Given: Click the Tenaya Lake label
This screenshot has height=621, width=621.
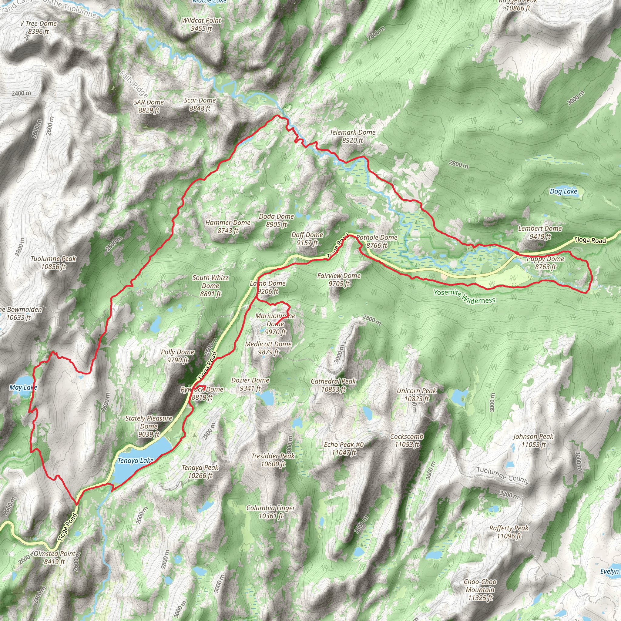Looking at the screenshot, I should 135,461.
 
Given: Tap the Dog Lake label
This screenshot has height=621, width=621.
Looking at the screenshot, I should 563,192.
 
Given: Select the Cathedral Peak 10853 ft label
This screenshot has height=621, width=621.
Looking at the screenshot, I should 333,385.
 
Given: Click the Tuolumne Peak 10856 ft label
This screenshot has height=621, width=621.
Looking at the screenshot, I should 53,263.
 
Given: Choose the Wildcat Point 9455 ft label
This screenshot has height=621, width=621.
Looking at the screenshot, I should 202,25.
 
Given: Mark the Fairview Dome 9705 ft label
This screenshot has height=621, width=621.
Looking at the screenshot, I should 339,280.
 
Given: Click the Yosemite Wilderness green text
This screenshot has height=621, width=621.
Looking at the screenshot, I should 464,296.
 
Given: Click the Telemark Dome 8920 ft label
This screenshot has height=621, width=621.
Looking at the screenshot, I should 353,136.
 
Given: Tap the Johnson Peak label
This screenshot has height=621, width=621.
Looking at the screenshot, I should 533,440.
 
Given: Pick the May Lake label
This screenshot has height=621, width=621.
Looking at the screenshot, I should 23,388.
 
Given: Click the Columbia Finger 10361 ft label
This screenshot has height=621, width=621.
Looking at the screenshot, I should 271,512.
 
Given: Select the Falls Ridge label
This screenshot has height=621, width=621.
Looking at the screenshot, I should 134,84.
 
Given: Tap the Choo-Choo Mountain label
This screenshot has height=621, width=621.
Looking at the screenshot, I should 480,589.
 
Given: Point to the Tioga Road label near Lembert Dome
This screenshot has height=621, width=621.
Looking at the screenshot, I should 590,240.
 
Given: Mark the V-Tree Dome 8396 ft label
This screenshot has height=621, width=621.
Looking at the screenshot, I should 38,27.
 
